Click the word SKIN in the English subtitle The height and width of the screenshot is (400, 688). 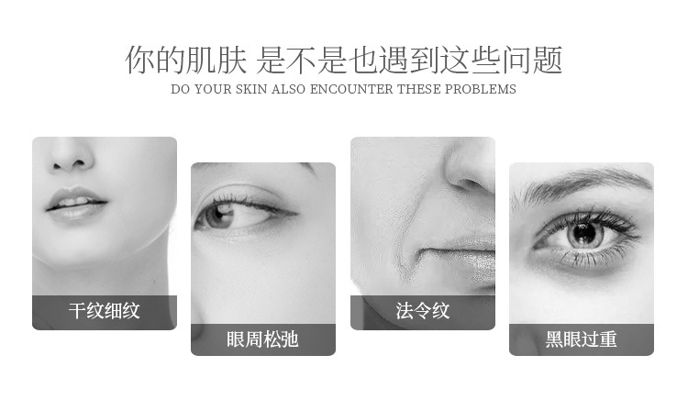point(251,89)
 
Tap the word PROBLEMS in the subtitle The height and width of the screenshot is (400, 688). point(481,89)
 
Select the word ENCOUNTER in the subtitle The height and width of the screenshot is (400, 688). point(351,89)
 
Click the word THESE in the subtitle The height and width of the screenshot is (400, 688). point(419,89)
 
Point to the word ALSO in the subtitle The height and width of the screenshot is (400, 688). point(288,89)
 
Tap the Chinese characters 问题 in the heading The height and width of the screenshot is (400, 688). point(532,60)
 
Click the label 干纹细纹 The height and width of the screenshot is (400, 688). point(104,311)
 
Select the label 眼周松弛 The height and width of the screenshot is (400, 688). point(263,339)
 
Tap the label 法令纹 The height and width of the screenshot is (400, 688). point(423,311)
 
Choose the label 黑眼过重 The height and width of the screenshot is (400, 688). point(581,339)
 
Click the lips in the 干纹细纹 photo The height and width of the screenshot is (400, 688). point(75,204)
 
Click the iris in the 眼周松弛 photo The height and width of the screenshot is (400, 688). point(218,215)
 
